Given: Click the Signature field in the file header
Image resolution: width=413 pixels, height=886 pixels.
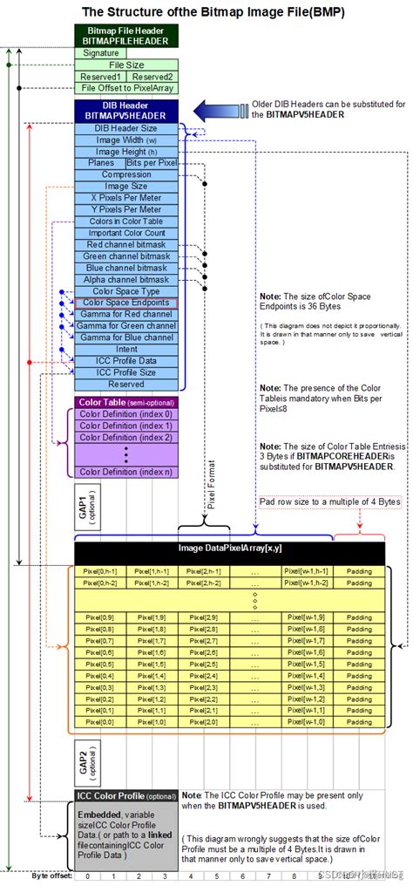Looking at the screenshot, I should [100, 52].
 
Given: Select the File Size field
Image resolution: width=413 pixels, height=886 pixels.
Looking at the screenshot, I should [127, 65].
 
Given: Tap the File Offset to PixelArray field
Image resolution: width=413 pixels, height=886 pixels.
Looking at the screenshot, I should [127, 87].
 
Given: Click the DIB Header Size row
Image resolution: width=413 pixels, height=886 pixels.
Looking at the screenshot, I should [127, 128].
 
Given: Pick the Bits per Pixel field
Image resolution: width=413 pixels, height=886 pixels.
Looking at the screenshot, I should [152, 163].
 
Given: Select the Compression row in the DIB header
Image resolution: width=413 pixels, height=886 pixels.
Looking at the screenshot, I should [127, 174].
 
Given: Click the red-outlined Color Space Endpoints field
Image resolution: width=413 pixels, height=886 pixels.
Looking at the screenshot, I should [127, 302].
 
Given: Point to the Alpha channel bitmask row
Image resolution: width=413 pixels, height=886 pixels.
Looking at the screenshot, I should [127, 279].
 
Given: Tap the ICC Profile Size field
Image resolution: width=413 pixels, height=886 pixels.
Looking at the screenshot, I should [127, 371].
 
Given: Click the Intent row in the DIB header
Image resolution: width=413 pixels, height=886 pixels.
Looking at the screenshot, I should [127, 348].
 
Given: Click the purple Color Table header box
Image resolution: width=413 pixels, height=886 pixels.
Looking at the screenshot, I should [127, 402].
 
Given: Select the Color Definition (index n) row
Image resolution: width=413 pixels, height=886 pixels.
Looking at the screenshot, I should [127, 472].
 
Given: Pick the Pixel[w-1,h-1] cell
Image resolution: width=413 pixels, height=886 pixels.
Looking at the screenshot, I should [306, 570].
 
